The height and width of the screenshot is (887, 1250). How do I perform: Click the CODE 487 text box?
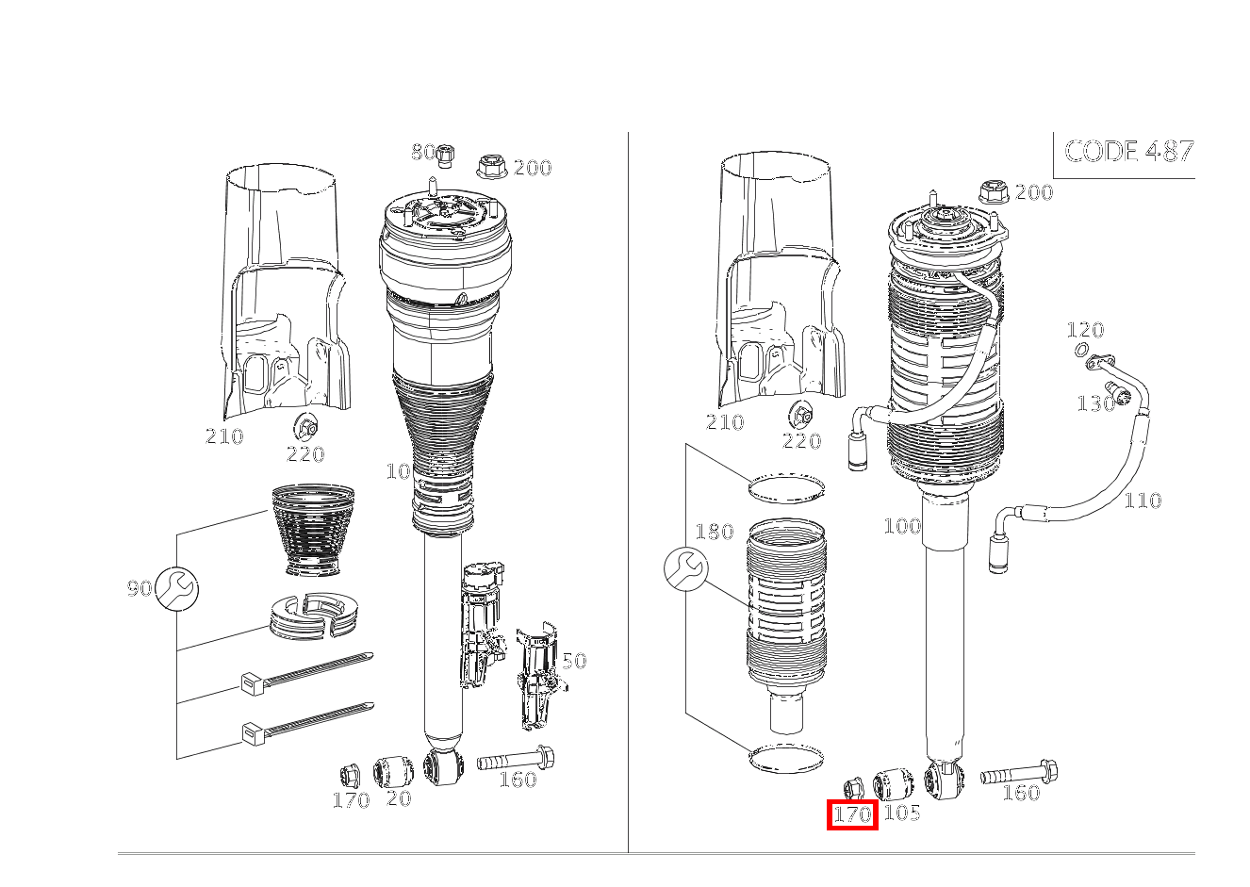1127,152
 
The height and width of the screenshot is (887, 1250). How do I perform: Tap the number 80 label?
422,152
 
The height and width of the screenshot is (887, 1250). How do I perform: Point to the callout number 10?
398,470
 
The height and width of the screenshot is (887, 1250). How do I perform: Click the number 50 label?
574,660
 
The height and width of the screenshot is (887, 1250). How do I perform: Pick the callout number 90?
139,588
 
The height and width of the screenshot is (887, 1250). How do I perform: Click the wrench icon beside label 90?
176,588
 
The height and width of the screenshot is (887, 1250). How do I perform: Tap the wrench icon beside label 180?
685,569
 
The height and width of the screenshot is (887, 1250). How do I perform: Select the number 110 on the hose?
1142,500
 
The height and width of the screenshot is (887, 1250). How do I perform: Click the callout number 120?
1084,330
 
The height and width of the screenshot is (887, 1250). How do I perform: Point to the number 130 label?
1094,403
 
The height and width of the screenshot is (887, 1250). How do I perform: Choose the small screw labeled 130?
1122,397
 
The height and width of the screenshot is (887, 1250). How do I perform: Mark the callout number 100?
901,526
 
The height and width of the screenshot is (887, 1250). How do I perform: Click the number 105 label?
901,812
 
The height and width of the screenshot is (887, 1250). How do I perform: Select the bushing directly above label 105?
893,783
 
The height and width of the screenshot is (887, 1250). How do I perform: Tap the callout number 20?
399,798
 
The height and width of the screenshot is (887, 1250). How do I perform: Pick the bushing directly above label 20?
395,771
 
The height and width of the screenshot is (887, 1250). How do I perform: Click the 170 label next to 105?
852,814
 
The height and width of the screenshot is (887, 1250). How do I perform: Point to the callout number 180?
714,533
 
